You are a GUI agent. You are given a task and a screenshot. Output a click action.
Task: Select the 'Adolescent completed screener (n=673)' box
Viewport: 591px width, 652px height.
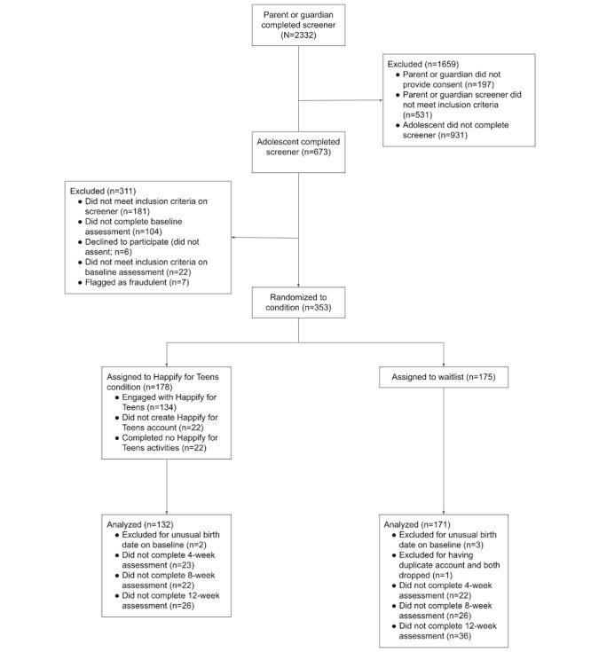pos(299,147)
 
